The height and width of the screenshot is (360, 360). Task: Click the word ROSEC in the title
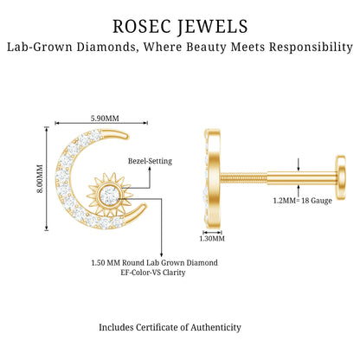(x=141, y=26)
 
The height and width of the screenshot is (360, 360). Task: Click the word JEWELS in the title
(x=212, y=27)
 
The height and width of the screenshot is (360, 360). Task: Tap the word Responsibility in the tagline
(x=311, y=47)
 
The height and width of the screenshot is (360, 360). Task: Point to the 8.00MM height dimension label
(x=40, y=178)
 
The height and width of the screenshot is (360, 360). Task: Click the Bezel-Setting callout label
(x=150, y=161)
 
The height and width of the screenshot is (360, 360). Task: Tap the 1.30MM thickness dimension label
(x=212, y=239)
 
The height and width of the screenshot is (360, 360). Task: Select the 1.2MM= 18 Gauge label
(x=302, y=201)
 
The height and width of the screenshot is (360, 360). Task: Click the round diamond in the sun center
(x=109, y=194)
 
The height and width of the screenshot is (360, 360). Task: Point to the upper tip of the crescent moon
(x=125, y=135)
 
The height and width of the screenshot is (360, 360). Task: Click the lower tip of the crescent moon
(x=144, y=207)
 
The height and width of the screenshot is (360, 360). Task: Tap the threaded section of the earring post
(x=244, y=177)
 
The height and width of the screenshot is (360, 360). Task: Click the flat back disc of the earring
(x=341, y=177)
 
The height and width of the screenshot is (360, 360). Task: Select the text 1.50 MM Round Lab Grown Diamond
(x=154, y=263)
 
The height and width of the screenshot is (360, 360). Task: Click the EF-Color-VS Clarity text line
(x=153, y=273)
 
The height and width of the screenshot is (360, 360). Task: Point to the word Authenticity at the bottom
(x=215, y=327)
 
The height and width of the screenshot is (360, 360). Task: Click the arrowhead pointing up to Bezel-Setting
(x=150, y=170)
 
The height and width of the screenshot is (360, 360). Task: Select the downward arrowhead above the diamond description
(x=161, y=254)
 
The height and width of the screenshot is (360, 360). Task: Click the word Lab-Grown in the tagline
(x=40, y=47)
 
